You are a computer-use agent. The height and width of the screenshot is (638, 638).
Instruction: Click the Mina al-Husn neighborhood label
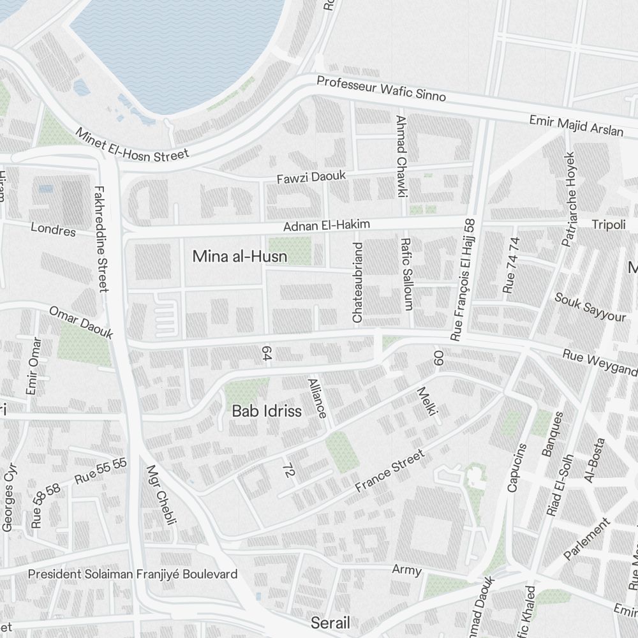coord(239,256)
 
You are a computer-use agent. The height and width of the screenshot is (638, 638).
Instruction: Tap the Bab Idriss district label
coord(266,411)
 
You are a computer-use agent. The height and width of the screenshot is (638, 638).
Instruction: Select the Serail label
coord(330,622)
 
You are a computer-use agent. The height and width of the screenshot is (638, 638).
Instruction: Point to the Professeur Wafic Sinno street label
coord(381,89)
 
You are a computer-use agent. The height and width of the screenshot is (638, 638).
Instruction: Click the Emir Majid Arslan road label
coord(575,126)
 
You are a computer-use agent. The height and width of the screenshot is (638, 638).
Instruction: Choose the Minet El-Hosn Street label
coord(132,145)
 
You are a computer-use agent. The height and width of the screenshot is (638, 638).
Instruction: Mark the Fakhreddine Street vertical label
coord(100,238)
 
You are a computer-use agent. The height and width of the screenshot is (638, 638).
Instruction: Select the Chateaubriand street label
coord(357,281)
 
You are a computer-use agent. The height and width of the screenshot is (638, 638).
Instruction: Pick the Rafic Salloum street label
coord(406,274)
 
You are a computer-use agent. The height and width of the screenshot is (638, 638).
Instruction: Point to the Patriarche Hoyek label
coord(568,198)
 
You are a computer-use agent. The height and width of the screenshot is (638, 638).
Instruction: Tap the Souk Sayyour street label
coord(590,307)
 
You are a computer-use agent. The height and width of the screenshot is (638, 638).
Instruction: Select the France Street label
coord(389,471)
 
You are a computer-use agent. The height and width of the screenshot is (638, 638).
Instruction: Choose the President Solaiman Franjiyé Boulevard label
coord(133,574)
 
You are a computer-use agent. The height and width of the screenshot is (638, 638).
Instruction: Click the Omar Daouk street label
coord(81,322)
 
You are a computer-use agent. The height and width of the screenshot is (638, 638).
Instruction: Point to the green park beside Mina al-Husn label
coord(290,251)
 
